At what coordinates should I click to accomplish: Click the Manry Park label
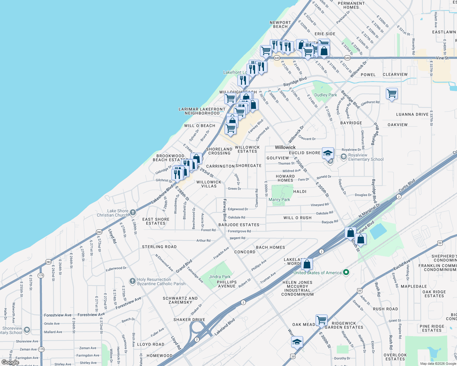279,199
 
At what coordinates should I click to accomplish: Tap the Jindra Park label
220,277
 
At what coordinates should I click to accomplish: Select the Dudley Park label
326,95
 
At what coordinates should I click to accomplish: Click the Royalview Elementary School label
366,157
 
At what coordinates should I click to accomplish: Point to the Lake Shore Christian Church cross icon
133,212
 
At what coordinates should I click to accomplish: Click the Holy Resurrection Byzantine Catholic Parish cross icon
132,281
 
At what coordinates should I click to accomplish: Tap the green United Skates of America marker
346,272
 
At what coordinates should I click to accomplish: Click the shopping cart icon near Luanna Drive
392,93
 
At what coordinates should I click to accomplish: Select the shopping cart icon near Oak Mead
321,320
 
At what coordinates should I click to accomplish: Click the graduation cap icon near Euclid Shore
328,153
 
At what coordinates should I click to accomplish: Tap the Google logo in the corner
10,362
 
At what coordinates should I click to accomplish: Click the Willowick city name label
285,147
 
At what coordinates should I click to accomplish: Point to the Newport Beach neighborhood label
280,24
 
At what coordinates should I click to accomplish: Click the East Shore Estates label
156,221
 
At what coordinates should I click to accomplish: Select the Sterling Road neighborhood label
159,247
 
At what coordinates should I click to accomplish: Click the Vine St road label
442,58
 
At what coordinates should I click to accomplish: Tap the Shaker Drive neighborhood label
189,320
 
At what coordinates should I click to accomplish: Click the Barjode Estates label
239,225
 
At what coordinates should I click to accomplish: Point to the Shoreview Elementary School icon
27,330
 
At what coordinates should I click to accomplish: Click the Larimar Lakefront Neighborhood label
202,111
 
